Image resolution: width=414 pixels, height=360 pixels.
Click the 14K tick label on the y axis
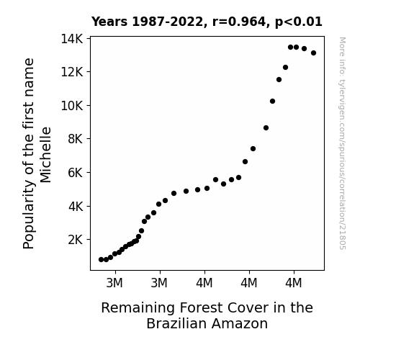coord(72,39)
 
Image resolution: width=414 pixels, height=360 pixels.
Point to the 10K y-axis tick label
coord(72,106)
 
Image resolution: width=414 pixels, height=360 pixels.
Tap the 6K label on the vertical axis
coord(76,173)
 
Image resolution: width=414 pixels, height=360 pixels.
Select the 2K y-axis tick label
coord(76,240)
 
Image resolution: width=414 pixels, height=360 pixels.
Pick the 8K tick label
coord(76,139)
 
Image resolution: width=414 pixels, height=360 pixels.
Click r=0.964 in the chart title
coord(238,22)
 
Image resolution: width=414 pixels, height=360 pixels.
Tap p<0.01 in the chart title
coord(299,22)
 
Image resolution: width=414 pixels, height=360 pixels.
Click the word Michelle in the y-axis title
coord(45,155)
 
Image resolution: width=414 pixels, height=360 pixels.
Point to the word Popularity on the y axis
coord(29,215)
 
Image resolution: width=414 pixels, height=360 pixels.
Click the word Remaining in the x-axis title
coord(138,308)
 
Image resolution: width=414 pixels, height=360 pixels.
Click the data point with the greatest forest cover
coord(313,53)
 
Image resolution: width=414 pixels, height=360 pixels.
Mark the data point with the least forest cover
coord(101,260)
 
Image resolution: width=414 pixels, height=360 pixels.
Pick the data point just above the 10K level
coord(272,101)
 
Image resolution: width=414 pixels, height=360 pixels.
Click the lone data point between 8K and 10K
coord(266,128)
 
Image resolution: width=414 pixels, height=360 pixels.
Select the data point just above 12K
coord(285,68)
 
